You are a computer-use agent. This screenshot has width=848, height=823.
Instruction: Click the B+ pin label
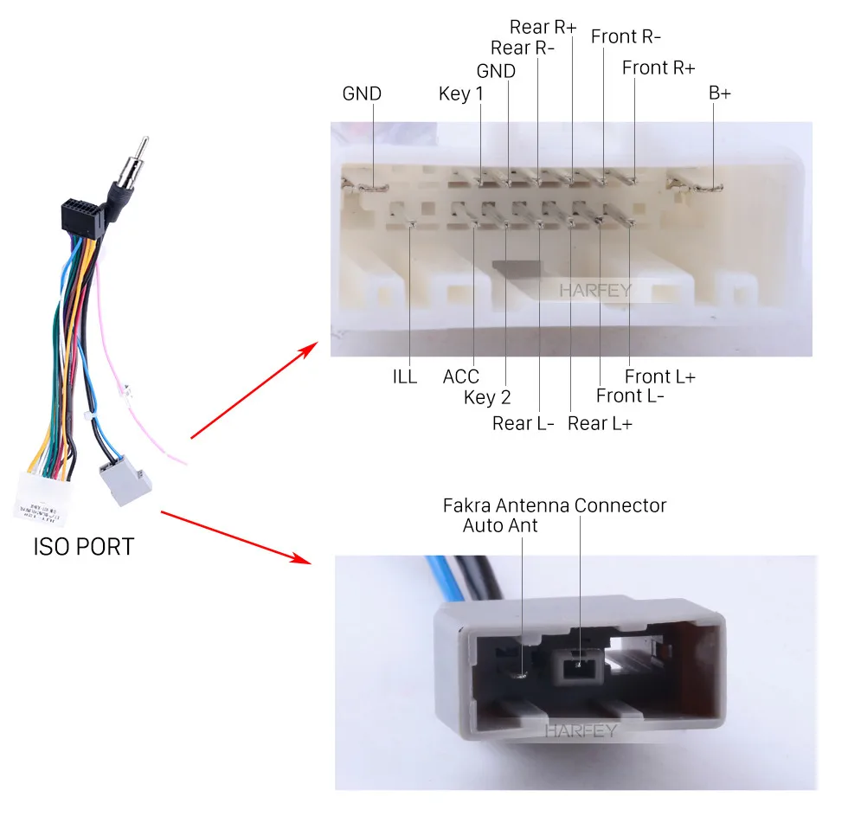point(720,93)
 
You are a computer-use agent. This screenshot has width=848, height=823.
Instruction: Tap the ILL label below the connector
point(404,377)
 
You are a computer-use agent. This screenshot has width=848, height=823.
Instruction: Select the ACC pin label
point(461,377)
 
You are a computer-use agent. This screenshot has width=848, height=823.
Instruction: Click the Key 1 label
point(460,93)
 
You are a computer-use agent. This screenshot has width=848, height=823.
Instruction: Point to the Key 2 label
point(487,398)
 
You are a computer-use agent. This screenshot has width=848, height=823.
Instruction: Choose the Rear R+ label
point(543,27)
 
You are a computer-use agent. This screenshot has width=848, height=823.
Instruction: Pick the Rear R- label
point(522,48)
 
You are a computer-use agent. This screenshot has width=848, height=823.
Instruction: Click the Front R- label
point(626,37)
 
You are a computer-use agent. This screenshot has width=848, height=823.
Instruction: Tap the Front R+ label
point(658,68)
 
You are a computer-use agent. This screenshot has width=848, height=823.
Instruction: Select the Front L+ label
point(660,377)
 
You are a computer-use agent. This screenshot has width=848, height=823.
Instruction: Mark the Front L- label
point(631,396)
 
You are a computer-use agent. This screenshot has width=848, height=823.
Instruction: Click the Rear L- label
point(523,423)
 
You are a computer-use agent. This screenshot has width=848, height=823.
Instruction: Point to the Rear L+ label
point(600,423)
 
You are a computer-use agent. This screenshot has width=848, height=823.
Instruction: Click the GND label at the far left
point(362,93)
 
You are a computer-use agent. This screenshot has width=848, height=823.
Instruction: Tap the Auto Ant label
point(500,525)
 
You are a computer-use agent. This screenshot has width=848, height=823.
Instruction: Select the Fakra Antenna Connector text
point(555,505)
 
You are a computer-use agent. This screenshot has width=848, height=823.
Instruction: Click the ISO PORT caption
point(84,547)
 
